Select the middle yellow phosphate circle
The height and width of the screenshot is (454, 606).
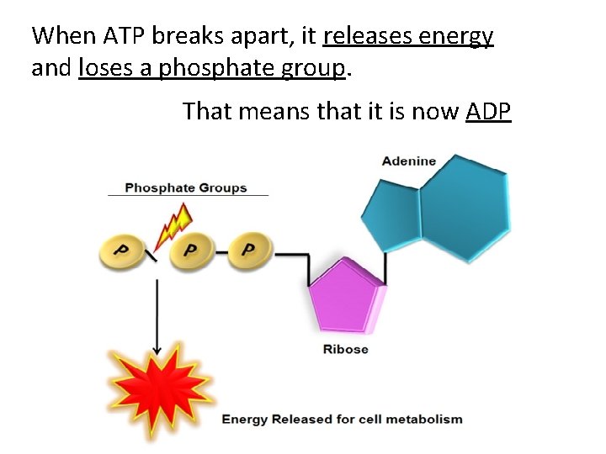point(190,251)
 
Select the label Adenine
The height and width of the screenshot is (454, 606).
point(409,161)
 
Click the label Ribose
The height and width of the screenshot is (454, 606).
point(345,349)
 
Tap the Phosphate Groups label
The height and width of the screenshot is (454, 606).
point(185,187)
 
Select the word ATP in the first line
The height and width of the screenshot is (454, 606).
point(125,35)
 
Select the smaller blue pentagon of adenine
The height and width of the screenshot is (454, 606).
point(391,217)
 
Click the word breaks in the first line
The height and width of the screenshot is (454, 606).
point(183,35)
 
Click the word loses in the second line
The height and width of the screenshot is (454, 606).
point(104,68)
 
